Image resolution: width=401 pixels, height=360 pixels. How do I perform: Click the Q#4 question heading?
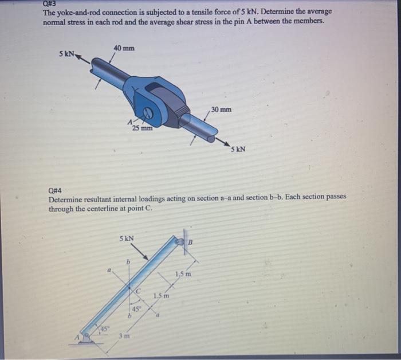tap(56, 189)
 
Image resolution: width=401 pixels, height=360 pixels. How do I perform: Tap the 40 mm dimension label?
tap(124, 49)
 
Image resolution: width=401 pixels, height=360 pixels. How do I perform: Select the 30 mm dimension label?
tap(221, 109)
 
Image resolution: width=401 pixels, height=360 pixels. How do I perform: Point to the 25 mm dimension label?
tap(142, 128)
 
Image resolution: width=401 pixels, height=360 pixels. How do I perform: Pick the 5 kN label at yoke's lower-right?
tap(239, 150)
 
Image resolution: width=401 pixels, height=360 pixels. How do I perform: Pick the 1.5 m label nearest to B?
tap(183, 275)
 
